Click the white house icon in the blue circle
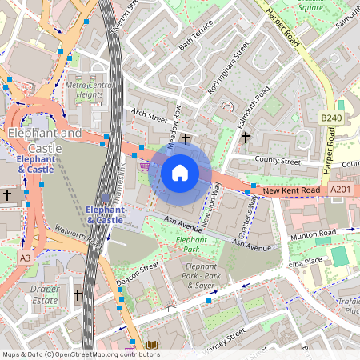pyautogui.click(x=180, y=172)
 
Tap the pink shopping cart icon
pyautogui.click(x=144, y=166)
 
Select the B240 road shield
pyautogui.click(x=330, y=118)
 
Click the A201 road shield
pyautogui.click(x=340, y=190)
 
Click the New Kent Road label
pyautogui.click(x=292, y=190)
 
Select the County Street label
pyautogui.click(x=277, y=162)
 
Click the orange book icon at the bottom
pyautogui.click(x=152, y=345)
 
